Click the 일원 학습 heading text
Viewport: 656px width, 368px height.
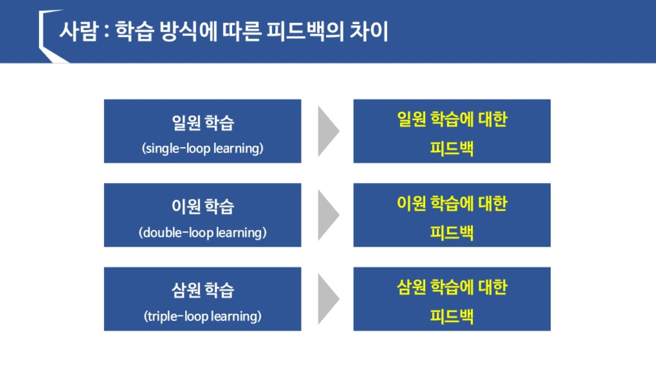(x=202, y=123)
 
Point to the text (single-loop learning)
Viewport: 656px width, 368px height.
(x=202, y=148)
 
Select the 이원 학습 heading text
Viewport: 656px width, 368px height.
(x=202, y=207)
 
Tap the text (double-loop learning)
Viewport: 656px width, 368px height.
(x=202, y=232)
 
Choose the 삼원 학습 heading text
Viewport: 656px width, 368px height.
(x=202, y=291)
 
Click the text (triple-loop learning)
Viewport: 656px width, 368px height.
(x=202, y=316)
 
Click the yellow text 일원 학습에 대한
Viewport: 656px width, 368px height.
(x=452, y=120)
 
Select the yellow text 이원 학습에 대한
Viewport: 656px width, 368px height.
(x=452, y=204)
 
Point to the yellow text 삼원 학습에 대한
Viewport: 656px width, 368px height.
(x=452, y=287)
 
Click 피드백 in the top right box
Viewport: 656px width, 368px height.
(x=452, y=148)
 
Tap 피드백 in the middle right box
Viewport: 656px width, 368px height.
(x=452, y=232)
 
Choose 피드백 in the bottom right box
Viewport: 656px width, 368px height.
(x=452, y=316)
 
